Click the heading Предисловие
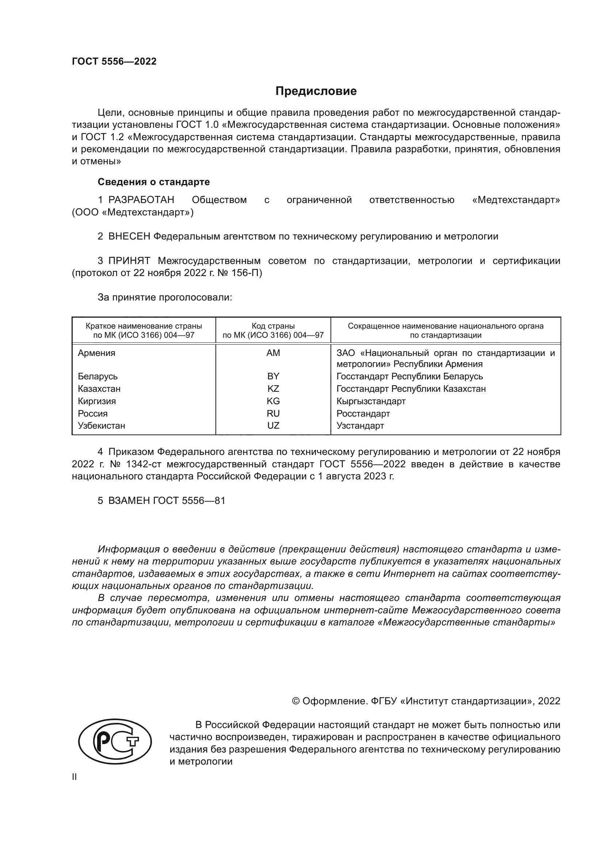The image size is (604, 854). click(316, 91)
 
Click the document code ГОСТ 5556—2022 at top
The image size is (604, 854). click(114, 62)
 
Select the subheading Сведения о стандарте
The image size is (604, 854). click(154, 182)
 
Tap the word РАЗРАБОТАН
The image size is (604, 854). click(141, 200)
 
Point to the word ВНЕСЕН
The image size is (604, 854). click(129, 237)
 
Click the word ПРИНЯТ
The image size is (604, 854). click(129, 261)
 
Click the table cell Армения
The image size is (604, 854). click(96, 353)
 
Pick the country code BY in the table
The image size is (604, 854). click(273, 376)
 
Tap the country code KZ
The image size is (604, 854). click(273, 389)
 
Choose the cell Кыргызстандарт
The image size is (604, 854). click(371, 401)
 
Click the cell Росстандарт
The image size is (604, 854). click(363, 414)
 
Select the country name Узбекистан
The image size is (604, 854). click(101, 425)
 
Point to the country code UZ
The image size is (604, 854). click(273, 425)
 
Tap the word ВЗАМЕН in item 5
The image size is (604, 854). click(129, 501)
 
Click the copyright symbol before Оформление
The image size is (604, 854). click(296, 701)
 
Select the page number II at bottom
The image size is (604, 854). click(74, 777)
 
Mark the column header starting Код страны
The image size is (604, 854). click(273, 330)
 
